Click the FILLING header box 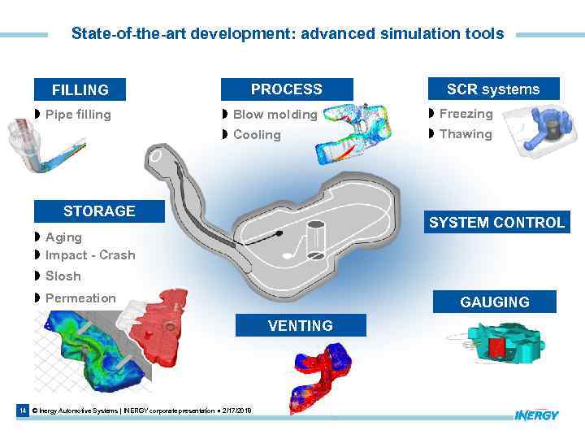pyautogui.click(x=80, y=90)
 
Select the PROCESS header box pyautogui.click(x=286, y=89)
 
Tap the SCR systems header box pyautogui.click(x=492, y=89)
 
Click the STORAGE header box pyautogui.click(x=99, y=211)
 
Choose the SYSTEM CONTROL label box pyautogui.click(x=496, y=223)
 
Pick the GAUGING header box pyautogui.click(x=494, y=302)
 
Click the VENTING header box pyautogui.click(x=301, y=326)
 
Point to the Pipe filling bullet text pyautogui.click(x=78, y=115)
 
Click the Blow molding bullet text pyautogui.click(x=275, y=115)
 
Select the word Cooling pyautogui.click(x=257, y=135)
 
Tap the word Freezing pyautogui.click(x=466, y=114)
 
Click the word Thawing pyautogui.click(x=466, y=134)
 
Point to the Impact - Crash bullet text pyautogui.click(x=90, y=255)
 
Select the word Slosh pyautogui.click(x=63, y=276)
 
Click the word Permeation pyautogui.click(x=80, y=298)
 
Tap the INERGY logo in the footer pyautogui.click(x=536, y=415)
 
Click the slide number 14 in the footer pyautogui.click(x=23, y=411)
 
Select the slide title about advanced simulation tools pyautogui.click(x=288, y=34)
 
